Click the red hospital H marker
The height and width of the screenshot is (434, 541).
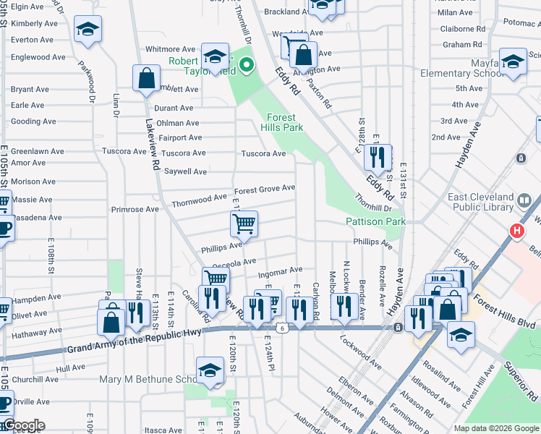click(x=516, y=231)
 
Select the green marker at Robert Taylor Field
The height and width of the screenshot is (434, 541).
click(x=247, y=66)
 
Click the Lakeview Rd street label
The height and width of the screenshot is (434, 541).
click(x=154, y=145)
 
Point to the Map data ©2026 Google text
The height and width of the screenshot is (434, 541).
click(x=496, y=428)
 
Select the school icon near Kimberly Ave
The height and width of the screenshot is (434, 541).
click(x=88, y=30)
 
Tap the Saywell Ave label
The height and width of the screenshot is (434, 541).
click(x=186, y=171)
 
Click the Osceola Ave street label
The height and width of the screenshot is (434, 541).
click(x=239, y=262)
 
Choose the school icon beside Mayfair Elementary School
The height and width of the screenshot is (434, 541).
click(x=513, y=62)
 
